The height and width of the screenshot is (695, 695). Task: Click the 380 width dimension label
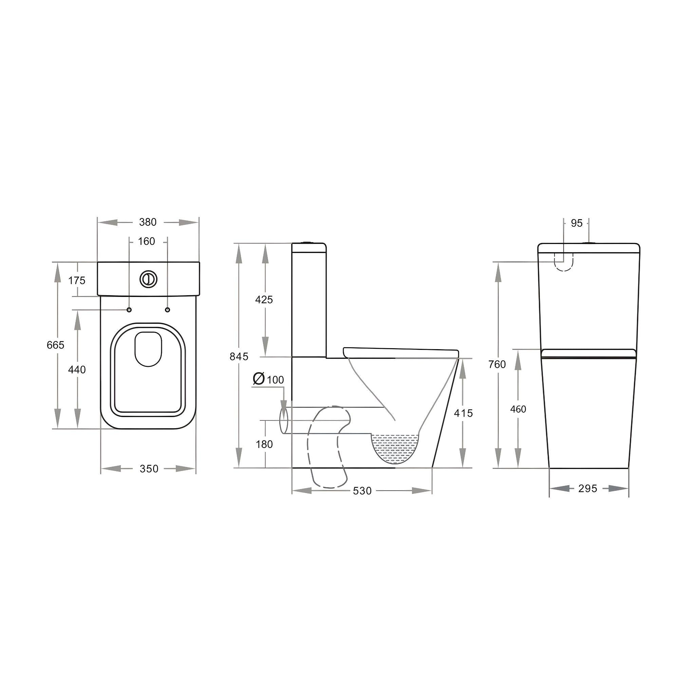click(x=148, y=222)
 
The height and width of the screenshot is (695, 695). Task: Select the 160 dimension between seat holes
click(x=146, y=241)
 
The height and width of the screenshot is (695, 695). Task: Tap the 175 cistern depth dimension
click(x=77, y=280)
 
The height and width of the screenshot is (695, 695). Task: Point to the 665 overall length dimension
click(x=55, y=345)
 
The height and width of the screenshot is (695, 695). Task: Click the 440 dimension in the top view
click(x=77, y=370)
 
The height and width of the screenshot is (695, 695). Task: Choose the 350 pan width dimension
click(x=149, y=469)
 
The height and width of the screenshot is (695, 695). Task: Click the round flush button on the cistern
click(x=148, y=279)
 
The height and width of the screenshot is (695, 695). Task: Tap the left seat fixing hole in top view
click(x=129, y=310)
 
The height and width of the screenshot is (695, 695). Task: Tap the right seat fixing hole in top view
click(x=167, y=310)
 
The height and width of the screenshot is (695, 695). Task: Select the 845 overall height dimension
click(x=239, y=357)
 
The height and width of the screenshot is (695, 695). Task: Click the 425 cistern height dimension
click(x=264, y=299)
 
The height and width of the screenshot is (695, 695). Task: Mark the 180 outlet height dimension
click(x=264, y=444)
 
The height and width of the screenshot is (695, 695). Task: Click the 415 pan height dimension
click(x=463, y=413)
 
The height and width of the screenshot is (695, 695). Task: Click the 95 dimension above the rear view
click(x=576, y=223)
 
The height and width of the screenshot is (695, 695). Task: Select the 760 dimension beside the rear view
click(x=497, y=364)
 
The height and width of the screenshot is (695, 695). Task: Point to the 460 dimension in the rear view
click(x=518, y=409)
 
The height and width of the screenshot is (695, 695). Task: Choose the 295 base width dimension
click(x=588, y=489)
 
